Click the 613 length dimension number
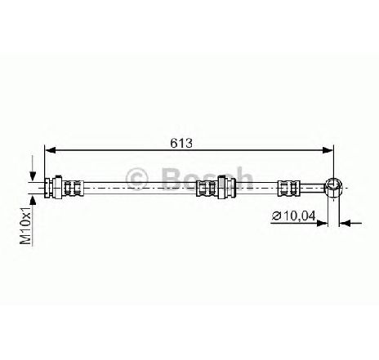pos(181,143)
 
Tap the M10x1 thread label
pos(26,225)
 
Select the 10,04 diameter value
pos(300,216)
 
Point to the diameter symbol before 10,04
pos(277,216)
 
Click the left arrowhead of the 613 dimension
pos(50,150)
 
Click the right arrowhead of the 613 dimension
pos(328,150)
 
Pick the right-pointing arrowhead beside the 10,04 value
pos(322,224)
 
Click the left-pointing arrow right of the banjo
pos(350,224)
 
